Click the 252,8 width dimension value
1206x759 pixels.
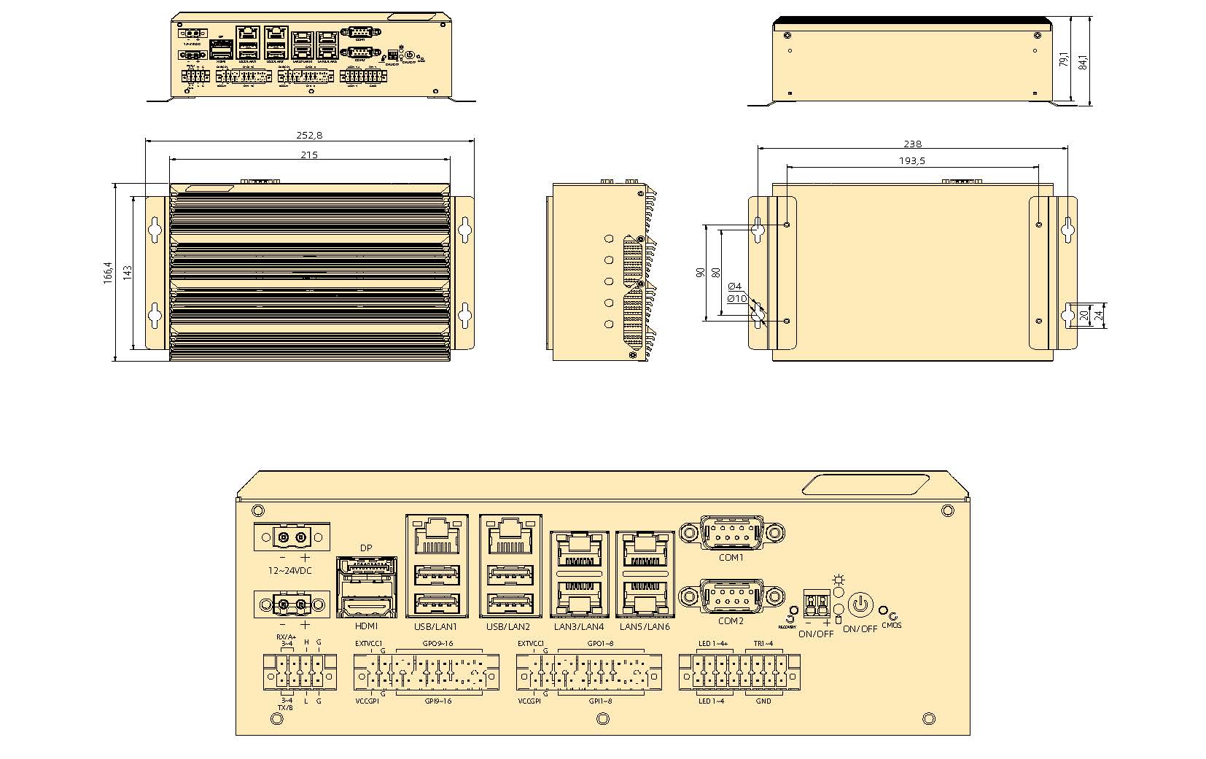coord(309,135)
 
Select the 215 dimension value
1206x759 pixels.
coord(309,154)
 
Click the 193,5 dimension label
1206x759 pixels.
coord(911,161)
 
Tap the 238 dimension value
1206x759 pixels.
coord(912,144)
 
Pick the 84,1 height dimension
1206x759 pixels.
coord(1084,61)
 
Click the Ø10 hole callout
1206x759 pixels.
coord(736,298)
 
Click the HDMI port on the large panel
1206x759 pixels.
coord(367,606)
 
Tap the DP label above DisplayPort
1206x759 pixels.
coord(366,548)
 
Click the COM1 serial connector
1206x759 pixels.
coord(731,532)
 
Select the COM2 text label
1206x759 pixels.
coord(731,621)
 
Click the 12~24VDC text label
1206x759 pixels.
coord(289,570)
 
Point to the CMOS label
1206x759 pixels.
coord(891,626)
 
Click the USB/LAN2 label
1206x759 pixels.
coord(508,627)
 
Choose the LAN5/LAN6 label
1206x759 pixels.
coord(645,627)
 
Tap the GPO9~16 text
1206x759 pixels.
coord(437,644)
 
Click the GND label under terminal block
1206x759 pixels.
coord(763,701)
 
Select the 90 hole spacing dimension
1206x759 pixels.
coord(701,273)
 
